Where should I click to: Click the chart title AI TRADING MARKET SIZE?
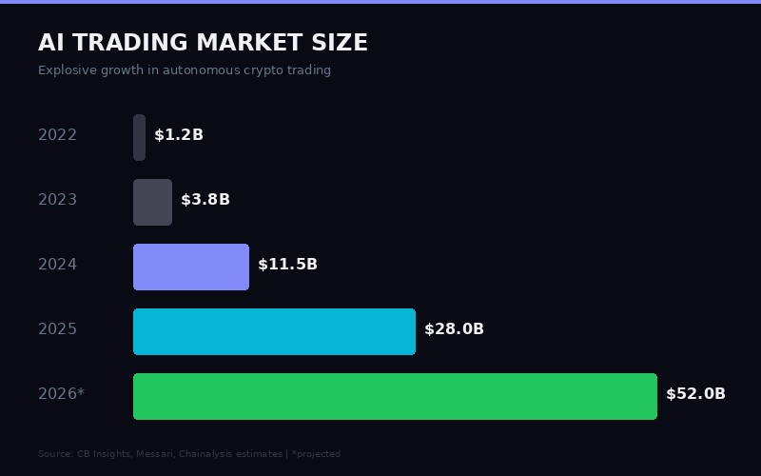point(203,43)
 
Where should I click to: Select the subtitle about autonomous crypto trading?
point(185,70)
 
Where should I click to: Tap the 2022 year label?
point(57,135)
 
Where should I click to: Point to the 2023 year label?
point(57,200)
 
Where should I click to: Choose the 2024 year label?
point(57,265)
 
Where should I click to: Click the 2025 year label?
point(57,329)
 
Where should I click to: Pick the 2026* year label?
point(61,394)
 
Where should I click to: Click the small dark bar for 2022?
point(139,137)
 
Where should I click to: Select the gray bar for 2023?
point(152,202)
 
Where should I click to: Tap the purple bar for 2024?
point(190,267)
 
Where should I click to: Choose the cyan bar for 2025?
point(274,331)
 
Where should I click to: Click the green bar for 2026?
point(395,396)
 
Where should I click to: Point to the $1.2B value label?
point(179,135)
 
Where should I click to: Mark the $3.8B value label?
point(205,200)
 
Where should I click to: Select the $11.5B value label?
point(287,265)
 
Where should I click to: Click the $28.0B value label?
point(454,329)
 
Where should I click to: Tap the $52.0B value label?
point(695,394)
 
